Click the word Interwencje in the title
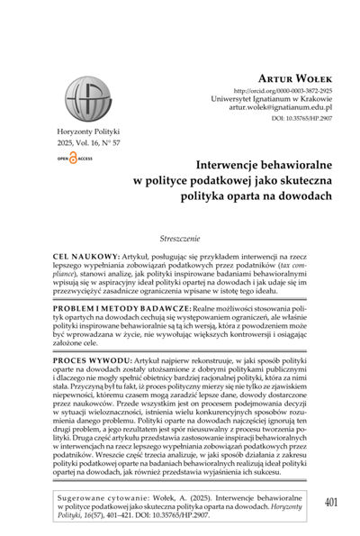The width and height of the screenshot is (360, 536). click(186, 164)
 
